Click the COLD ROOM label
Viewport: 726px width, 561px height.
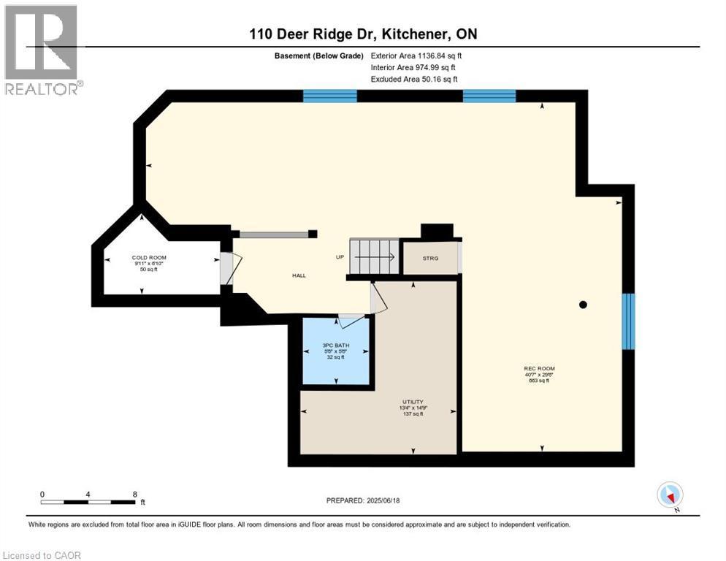coord(148,258)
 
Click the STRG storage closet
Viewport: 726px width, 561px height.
coord(430,257)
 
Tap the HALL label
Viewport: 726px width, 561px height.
coord(299,275)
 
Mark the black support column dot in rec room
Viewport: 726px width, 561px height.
coord(583,305)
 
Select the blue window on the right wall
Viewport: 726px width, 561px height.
coord(628,321)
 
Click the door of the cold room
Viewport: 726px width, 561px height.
coord(226,268)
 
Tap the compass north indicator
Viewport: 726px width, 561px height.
coord(670,495)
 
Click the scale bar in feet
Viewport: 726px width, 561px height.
coord(88,501)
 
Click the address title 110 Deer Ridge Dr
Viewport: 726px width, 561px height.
coord(362,34)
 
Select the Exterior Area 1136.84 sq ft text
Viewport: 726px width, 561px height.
coord(416,56)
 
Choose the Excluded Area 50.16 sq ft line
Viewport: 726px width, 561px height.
coord(414,79)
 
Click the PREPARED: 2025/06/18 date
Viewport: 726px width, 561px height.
coord(363,500)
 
